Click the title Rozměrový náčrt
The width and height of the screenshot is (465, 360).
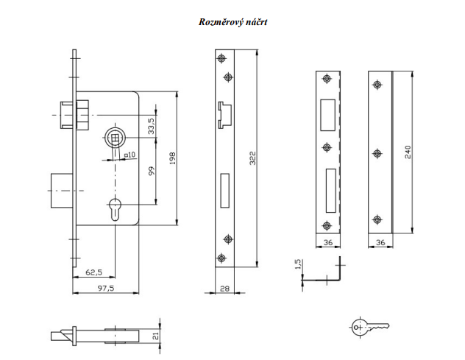[x=232, y=21]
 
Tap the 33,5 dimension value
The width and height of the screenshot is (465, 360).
[x=152, y=125]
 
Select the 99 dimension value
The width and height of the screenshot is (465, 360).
[x=150, y=171]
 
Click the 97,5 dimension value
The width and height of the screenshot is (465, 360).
[x=104, y=288]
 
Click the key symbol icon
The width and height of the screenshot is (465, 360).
[x=370, y=327]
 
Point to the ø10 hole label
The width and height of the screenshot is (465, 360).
[x=128, y=155]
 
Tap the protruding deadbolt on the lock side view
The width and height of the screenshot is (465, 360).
[x=59, y=190]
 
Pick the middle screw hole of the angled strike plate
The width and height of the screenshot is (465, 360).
[x=377, y=153]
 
